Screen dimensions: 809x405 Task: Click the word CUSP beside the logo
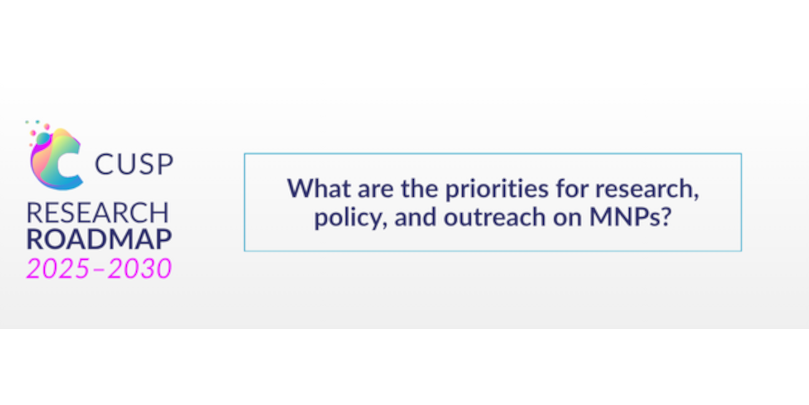coord(134,164)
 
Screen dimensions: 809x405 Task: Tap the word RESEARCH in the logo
coord(98,213)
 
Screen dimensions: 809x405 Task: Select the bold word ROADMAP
coord(99,239)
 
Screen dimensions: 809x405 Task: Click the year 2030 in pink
coord(139,268)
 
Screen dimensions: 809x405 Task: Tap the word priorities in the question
coord(497,189)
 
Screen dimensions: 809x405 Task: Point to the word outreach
coord(495,217)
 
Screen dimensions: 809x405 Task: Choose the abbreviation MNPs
coord(625,217)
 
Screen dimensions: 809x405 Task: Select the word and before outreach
coord(415,217)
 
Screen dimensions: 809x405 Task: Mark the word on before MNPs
coord(568,219)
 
